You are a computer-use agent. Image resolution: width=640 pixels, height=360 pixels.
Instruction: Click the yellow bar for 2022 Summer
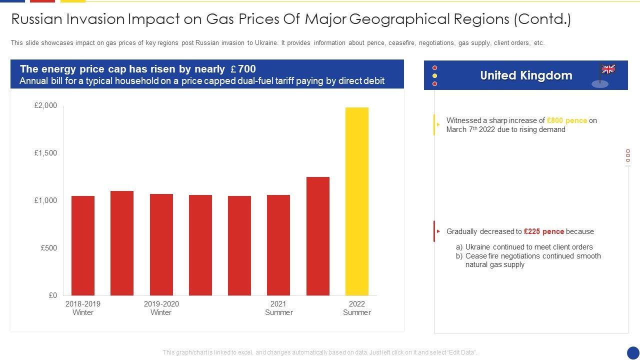[x=357, y=201]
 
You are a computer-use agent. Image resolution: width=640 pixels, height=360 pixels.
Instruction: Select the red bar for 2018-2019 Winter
[x=83, y=245]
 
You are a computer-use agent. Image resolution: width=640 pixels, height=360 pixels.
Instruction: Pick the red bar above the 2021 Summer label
[x=278, y=245]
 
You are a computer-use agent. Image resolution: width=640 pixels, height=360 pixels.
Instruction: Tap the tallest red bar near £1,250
[x=318, y=236]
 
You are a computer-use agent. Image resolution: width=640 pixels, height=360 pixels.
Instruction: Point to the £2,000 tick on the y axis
[x=46, y=105]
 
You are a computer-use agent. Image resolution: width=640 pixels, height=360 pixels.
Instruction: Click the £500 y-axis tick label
[x=49, y=248]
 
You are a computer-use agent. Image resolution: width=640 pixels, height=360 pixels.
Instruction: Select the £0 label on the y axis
[x=53, y=295]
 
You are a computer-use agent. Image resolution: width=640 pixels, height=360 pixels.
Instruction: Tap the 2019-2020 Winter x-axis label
[x=161, y=308]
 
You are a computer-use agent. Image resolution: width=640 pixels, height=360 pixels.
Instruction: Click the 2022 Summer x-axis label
[x=357, y=308]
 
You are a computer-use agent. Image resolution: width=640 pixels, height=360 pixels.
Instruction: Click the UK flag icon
[x=608, y=69]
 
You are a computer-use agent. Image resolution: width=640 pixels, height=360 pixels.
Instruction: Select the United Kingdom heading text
[x=526, y=75]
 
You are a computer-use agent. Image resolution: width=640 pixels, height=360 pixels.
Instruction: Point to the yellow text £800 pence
[x=567, y=120]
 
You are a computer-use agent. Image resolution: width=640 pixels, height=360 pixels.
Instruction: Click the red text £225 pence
[x=543, y=231]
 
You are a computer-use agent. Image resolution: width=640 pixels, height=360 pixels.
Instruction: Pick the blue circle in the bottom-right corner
[x=633, y=353]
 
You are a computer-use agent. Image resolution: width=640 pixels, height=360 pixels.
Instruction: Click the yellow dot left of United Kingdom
[x=435, y=76]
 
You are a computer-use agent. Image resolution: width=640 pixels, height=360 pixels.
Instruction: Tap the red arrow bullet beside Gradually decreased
[x=438, y=231]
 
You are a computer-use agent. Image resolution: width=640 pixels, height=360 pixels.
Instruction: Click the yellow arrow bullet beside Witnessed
[x=438, y=124]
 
